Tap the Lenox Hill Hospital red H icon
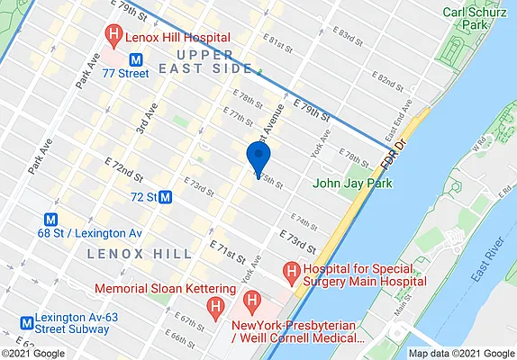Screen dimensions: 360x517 pyautogui.click(x=113, y=37)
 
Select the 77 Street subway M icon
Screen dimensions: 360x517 pyautogui.click(x=136, y=59)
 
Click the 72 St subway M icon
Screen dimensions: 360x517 pyautogui.click(x=166, y=196)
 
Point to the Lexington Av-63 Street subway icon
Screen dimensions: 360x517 pyautogui.click(x=25, y=320)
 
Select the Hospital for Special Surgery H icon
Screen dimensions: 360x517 pyautogui.click(x=291, y=270)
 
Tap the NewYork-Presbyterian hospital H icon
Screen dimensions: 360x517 pyautogui.click(x=253, y=300)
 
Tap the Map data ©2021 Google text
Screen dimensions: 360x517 pyautogui.click(x=460, y=353)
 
